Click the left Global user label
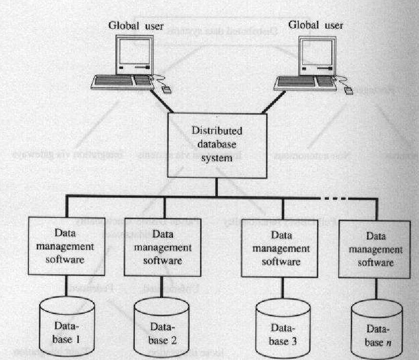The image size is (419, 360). pos(136,26)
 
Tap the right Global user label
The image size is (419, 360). pos(316,25)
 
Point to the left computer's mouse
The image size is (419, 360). pos(166,91)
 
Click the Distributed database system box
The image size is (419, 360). pos(216,145)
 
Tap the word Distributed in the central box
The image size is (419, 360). pos(216,131)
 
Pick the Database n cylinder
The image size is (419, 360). pos(374,328)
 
